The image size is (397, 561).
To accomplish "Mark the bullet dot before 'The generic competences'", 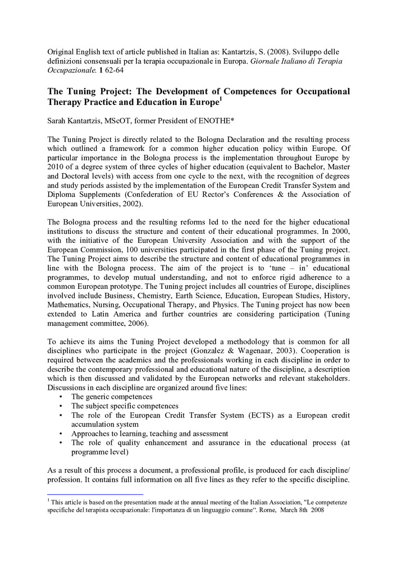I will (60, 396).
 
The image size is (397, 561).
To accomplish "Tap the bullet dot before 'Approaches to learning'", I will (60, 434).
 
